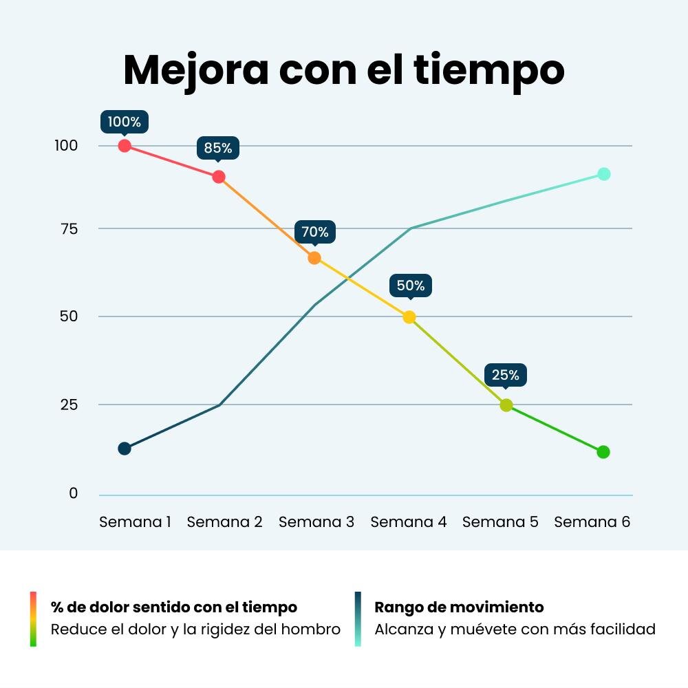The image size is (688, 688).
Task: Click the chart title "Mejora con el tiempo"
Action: (x=344, y=70)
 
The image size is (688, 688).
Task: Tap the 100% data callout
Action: (x=124, y=122)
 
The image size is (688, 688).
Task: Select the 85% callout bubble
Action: (x=218, y=149)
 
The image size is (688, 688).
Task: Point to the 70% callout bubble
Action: (x=315, y=232)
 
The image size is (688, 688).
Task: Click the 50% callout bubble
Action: (x=411, y=286)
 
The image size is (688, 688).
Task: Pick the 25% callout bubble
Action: (x=506, y=376)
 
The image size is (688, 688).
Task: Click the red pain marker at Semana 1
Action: (x=125, y=146)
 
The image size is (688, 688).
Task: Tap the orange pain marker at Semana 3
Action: (x=314, y=258)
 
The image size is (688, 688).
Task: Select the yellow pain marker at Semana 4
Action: (x=409, y=316)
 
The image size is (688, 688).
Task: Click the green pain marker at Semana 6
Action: (x=603, y=452)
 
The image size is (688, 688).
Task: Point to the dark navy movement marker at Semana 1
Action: (x=125, y=449)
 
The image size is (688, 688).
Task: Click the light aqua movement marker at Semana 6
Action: (x=604, y=174)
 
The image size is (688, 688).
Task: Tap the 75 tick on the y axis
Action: (x=69, y=229)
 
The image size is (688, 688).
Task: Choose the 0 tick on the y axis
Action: (x=74, y=493)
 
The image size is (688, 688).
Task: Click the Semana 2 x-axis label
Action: (x=225, y=522)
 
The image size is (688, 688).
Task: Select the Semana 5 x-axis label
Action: (x=500, y=522)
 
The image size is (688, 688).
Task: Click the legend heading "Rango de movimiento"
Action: (x=459, y=608)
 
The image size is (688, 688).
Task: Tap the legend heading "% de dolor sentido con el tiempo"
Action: (x=174, y=608)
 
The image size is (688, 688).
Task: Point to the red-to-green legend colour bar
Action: (x=33, y=619)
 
